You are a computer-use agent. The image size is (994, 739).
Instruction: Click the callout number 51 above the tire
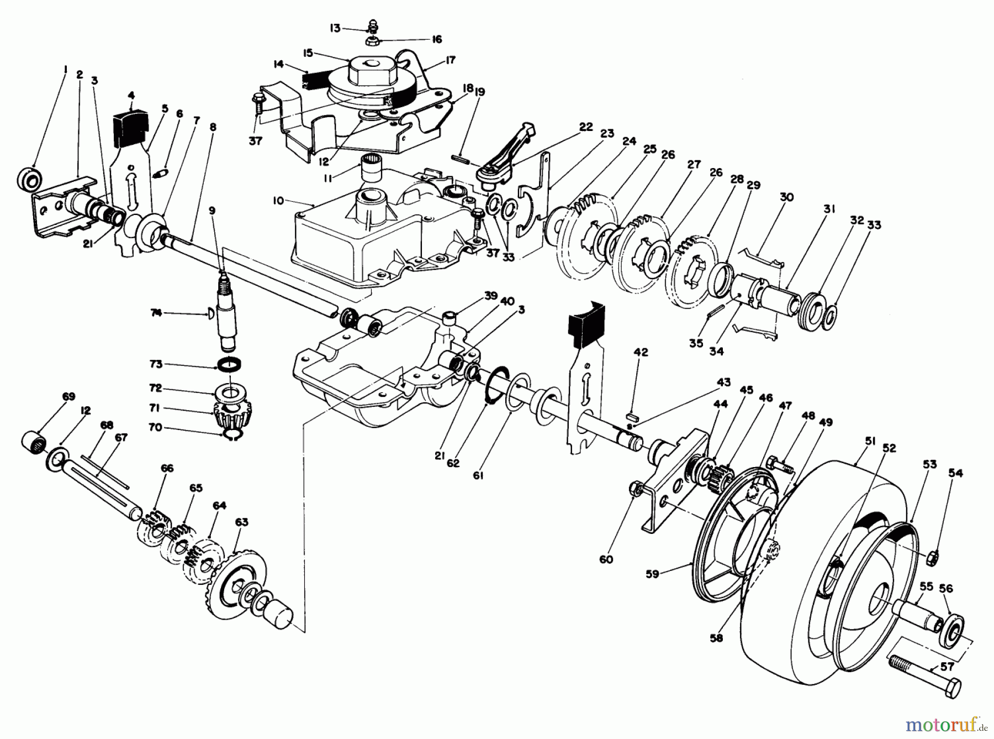[x=855, y=441]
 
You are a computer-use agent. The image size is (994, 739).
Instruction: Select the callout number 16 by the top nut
[x=436, y=40]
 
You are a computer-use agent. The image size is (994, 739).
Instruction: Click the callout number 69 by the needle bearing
[x=68, y=397]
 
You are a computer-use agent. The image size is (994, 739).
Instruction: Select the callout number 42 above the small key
[x=640, y=352]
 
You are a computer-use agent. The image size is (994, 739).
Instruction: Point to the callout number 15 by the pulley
[x=308, y=53]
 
